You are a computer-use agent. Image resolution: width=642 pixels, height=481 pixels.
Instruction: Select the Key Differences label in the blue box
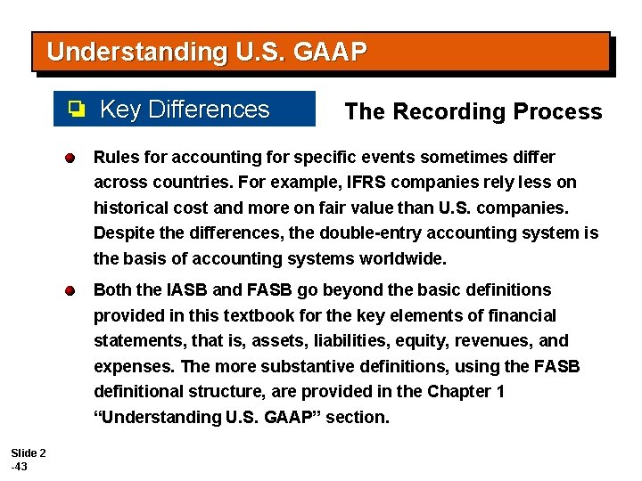[x=185, y=110]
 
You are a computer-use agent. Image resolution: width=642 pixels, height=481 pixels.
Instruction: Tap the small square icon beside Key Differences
[x=77, y=110]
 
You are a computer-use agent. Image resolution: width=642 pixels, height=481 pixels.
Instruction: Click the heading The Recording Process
[x=473, y=111]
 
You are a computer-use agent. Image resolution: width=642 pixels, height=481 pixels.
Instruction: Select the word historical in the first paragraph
[x=128, y=208]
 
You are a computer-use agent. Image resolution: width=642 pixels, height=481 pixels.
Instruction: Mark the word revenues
[x=493, y=341]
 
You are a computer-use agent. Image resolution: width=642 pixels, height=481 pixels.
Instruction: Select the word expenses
[x=130, y=366]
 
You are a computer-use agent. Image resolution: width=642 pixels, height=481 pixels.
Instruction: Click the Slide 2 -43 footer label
[x=28, y=459]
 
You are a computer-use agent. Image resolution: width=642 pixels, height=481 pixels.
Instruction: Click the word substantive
[x=292, y=366]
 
